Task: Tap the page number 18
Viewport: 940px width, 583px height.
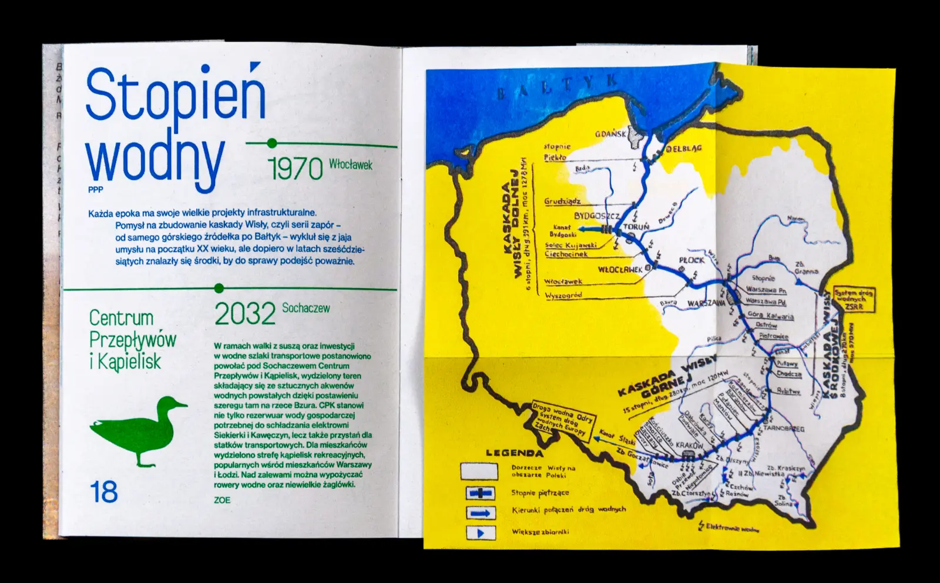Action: (104, 491)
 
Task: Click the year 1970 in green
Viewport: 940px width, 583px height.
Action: (296, 169)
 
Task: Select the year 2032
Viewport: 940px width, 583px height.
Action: (244, 314)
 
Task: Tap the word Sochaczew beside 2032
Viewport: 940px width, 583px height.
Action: (305, 308)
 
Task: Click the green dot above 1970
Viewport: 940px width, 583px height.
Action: (271, 143)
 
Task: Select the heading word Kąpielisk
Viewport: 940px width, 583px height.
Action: (125, 361)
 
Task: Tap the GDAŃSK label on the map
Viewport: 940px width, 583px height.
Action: (610, 133)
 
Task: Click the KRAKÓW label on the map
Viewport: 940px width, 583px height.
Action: (689, 445)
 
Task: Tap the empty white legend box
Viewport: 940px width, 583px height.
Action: (479, 471)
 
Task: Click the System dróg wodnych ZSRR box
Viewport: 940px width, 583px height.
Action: (853, 299)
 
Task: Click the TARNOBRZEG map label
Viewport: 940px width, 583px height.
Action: (784, 428)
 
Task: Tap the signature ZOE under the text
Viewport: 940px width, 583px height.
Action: (222, 500)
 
